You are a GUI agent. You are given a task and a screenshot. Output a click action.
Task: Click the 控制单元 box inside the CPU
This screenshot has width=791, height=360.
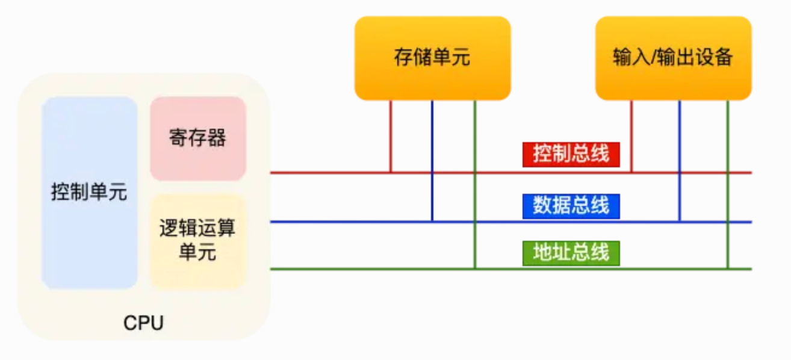click(x=89, y=193)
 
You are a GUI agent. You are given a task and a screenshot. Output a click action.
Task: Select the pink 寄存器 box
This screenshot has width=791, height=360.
click(x=197, y=138)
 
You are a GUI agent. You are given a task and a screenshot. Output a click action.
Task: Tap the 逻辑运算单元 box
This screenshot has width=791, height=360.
click(x=197, y=241)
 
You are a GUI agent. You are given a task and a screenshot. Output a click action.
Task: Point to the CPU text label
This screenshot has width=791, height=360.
click(x=143, y=323)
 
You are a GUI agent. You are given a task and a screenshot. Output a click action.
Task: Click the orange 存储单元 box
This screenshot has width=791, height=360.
click(x=433, y=58)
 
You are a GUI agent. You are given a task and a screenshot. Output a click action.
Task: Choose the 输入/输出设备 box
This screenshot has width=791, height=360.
click(x=674, y=58)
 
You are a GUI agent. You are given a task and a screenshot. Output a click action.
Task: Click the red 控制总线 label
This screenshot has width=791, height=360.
click(x=571, y=154)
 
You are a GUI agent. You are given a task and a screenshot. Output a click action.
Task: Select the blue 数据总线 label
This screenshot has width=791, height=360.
click(x=571, y=206)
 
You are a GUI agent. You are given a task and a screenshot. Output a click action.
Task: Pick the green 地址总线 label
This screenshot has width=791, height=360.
click(x=571, y=253)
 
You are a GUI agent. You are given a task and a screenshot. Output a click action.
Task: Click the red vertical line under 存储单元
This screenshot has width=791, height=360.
click(x=391, y=137)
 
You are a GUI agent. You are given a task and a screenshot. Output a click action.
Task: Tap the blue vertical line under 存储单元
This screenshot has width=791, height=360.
click(x=432, y=161)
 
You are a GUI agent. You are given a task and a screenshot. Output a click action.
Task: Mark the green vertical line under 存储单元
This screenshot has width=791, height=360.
click(x=475, y=184)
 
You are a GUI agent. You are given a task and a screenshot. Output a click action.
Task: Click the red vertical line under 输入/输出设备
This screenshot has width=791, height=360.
click(x=631, y=137)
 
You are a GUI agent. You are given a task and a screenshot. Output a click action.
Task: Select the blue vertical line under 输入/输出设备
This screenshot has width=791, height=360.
click(x=680, y=161)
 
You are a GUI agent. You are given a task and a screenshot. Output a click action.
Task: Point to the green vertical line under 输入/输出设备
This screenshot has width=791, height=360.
click(x=728, y=184)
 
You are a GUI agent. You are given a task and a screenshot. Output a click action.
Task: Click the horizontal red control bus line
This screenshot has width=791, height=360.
click(x=511, y=173)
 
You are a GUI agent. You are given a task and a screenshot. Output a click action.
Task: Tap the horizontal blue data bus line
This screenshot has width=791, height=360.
click(x=511, y=222)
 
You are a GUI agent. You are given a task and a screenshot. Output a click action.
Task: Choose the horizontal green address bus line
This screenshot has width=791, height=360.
click(x=511, y=269)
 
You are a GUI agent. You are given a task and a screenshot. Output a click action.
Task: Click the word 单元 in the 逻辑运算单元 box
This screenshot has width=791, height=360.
click(x=197, y=252)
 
